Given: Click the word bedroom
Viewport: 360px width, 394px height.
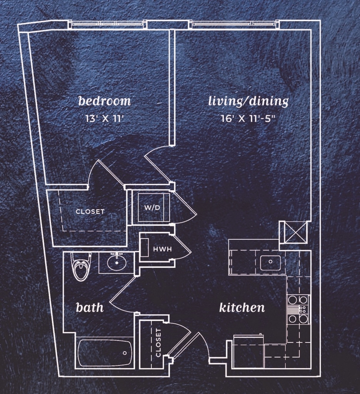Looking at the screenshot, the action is click(x=105, y=101).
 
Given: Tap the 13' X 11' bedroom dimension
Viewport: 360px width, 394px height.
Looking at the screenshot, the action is click(x=104, y=119).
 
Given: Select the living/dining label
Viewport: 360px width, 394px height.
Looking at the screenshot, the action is click(x=248, y=101).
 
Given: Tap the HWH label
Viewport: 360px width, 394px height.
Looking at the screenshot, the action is click(x=162, y=249).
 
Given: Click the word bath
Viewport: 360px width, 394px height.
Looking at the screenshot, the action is click(x=90, y=307).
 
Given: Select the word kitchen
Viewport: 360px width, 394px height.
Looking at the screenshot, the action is click(x=242, y=307).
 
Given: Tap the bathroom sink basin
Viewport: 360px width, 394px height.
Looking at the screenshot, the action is click(x=117, y=263).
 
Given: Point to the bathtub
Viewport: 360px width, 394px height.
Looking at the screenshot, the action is click(x=105, y=353).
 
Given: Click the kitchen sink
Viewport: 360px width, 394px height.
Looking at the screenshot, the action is click(x=270, y=263).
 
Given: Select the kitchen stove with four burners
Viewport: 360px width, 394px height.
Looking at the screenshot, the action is click(x=298, y=309).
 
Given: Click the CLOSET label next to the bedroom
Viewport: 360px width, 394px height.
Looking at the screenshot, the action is click(x=90, y=211).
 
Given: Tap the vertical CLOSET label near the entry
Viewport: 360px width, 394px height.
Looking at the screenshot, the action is click(x=158, y=343).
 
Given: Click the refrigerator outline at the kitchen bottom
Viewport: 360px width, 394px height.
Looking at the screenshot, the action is click(x=248, y=351).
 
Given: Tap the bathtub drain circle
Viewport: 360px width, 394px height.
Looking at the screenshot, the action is click(x=125, y=353).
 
